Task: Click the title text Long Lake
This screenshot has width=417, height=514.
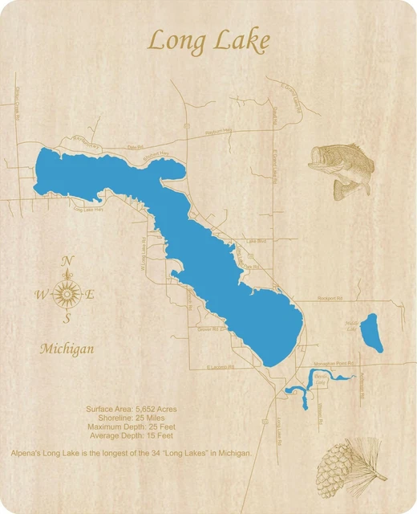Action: [208, 39]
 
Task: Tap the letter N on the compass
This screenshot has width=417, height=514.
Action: [68, 260]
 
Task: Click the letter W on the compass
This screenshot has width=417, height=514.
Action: [41, 295]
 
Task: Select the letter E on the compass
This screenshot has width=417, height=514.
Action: [90, 295]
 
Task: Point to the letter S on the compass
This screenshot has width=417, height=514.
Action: [67, 318]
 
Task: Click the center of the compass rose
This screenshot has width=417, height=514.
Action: [67, 295]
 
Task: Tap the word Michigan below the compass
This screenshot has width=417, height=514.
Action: [67, 349]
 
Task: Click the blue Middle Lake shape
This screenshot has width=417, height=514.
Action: [370, 332]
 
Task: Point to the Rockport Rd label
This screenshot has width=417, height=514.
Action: [330, 297]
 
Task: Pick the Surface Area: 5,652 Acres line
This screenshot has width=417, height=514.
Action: [132, 409]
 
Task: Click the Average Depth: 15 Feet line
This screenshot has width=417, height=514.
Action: [132, 435]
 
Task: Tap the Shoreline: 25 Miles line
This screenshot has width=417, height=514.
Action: [132, 418]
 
